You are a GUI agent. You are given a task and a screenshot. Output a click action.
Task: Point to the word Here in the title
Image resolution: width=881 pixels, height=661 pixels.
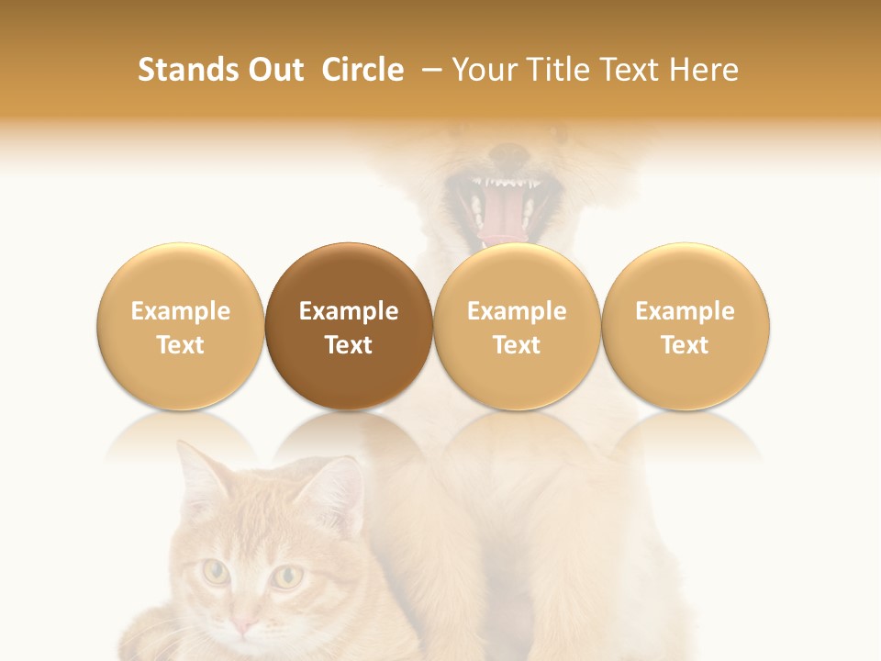click(704, 70)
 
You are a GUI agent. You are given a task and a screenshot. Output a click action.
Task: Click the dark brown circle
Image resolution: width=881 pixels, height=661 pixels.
click(349, 326)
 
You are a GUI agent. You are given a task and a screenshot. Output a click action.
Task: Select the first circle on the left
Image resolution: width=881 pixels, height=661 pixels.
click(181, 326)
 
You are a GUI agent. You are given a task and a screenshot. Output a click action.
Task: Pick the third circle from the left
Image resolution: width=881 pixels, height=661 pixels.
click(517, 326)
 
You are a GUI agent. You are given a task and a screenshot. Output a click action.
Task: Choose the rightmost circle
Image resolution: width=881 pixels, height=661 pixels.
click(685, 326)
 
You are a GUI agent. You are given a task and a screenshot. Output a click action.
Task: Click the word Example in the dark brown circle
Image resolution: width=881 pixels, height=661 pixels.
click(349, 311)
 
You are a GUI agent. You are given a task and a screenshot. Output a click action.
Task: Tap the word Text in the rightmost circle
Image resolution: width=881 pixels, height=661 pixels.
click(685, 345)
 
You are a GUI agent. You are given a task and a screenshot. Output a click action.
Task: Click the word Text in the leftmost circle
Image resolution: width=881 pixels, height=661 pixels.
click(181, 345)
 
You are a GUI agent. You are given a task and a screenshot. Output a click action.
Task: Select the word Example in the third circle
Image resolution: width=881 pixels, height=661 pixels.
click(517, 311)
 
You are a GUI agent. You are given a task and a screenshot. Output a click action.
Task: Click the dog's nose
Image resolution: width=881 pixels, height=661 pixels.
click(507, 152)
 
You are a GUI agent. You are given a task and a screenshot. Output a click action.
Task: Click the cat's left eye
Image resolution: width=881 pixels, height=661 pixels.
click(217, 573)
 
